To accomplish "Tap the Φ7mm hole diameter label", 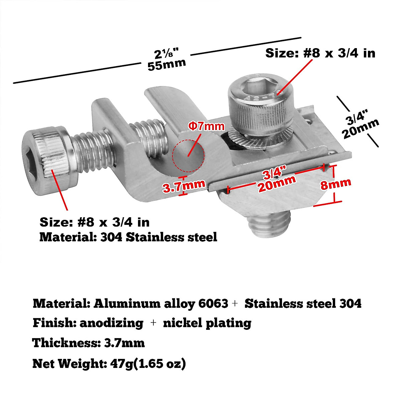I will tap(207, 127).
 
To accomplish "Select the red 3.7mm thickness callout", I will tap(183, 186).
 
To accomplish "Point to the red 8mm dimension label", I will tap(336, 183).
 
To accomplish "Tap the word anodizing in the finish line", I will tap(111, 323).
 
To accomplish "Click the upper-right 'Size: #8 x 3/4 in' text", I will tap(320, 53).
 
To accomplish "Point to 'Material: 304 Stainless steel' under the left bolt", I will tap(128, 237).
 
